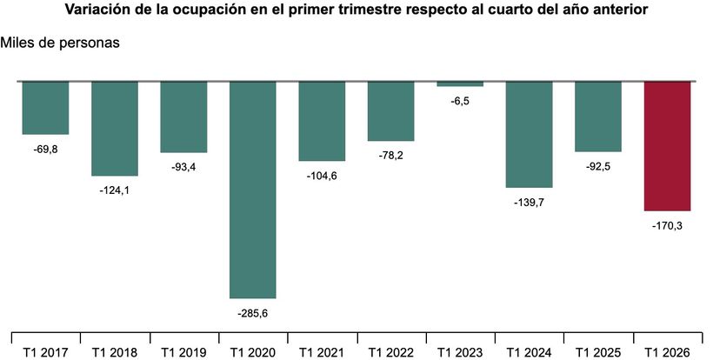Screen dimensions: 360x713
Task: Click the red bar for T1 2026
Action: (x=667, y=145)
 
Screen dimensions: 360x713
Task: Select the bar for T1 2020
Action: (x=252, y=189)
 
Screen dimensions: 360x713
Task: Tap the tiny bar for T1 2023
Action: (x=460, y=83)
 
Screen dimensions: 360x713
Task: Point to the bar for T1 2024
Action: (x=529, y=134)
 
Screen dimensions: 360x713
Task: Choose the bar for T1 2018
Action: (x=115, y=128)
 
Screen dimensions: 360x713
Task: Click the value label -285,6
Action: (x=252, y=312)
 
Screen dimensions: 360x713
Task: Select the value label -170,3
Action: (x=667, y=224)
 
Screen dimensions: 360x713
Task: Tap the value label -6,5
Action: (x=460, y=101)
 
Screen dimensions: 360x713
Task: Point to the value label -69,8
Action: (x=45, y=149)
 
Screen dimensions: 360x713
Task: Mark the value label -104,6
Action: (x=322, y=175)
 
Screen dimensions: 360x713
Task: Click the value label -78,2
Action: (x=390, y=155)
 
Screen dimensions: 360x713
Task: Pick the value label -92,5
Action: (x=597, y=166)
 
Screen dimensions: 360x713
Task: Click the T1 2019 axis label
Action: (x=183, y=351)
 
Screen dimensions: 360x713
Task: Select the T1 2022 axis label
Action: (x=390, y=351)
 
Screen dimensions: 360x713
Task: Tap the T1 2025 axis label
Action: (x=597, y=351)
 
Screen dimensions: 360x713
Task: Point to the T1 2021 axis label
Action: (x=322, y=351)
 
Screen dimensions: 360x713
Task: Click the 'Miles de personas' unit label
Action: (x=60, y=43)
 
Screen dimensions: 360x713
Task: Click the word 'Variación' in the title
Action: (x=100, y=10)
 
